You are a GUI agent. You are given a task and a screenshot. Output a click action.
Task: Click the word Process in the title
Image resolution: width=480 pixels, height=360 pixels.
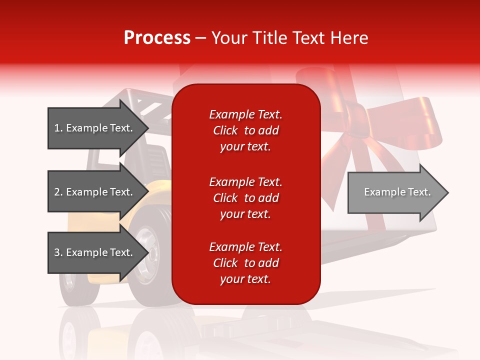click(x=157, y=38)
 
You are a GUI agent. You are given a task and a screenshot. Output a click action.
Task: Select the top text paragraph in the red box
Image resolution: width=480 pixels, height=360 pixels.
click(x=245, y=130)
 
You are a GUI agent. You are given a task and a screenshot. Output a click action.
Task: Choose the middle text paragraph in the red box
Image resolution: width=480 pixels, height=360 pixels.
click(x=245, y=198)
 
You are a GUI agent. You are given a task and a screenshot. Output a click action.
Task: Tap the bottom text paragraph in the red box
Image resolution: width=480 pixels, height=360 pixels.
click(x=245, y=263)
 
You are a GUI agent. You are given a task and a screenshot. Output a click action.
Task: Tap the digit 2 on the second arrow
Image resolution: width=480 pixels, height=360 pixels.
click(x=57, y=192)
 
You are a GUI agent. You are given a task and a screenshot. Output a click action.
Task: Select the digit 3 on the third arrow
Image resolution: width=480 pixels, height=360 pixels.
click(x=57, y=252)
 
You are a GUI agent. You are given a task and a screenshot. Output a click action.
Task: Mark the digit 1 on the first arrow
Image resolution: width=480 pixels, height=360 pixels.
click(x=57, y=128)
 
